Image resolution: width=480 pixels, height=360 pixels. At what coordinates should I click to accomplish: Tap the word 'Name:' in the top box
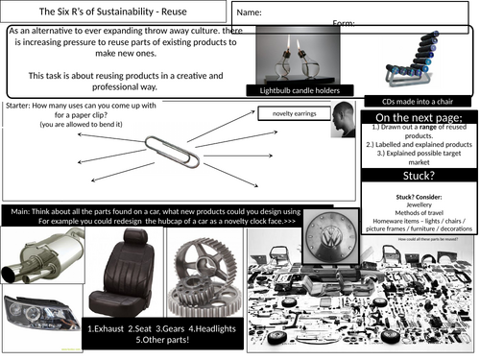[x=250, y=12]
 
